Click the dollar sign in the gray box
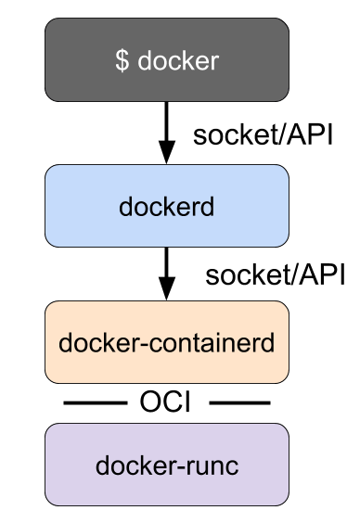(122, 61)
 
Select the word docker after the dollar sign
(178, 61)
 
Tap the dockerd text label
(167, 206)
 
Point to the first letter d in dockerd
(125, 206)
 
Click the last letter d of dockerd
(208, 206)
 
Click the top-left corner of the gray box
(48, 21)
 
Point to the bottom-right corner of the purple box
(286, 503)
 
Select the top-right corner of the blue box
(286, 168)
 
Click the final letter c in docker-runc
(232, 466)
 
